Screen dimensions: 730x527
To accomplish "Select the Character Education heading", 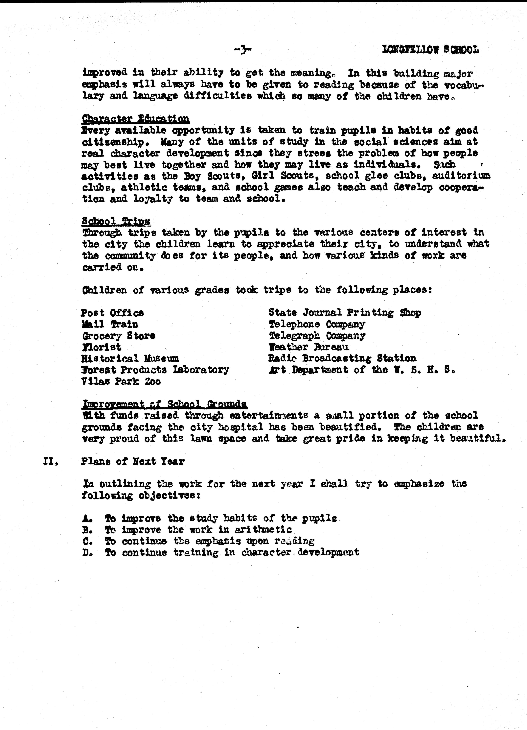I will (x=135, y=119).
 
